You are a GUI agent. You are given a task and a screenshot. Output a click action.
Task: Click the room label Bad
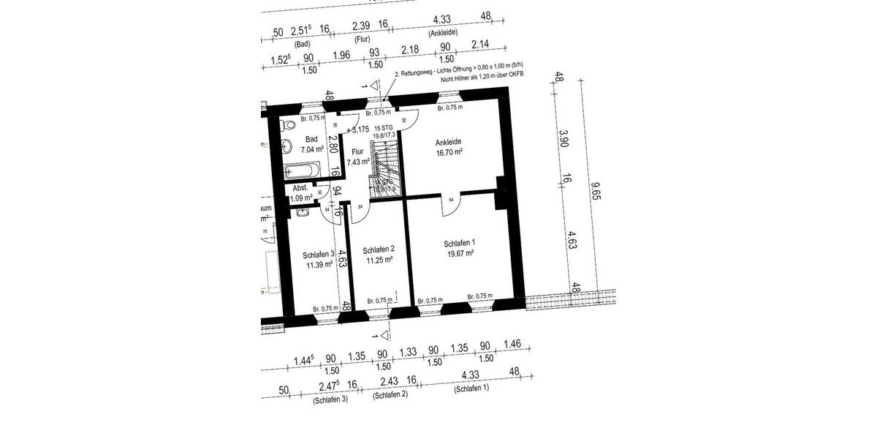(311, 139)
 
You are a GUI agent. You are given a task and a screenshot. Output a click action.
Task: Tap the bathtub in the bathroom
(301, 170)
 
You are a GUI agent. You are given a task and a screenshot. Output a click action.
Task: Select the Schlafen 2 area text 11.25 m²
(379, 260)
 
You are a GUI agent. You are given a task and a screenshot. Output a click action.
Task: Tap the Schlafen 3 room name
(319, 255)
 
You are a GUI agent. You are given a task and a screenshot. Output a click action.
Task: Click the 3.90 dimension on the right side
(563, 139)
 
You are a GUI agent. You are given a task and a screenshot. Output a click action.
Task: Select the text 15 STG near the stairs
(384, 127)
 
